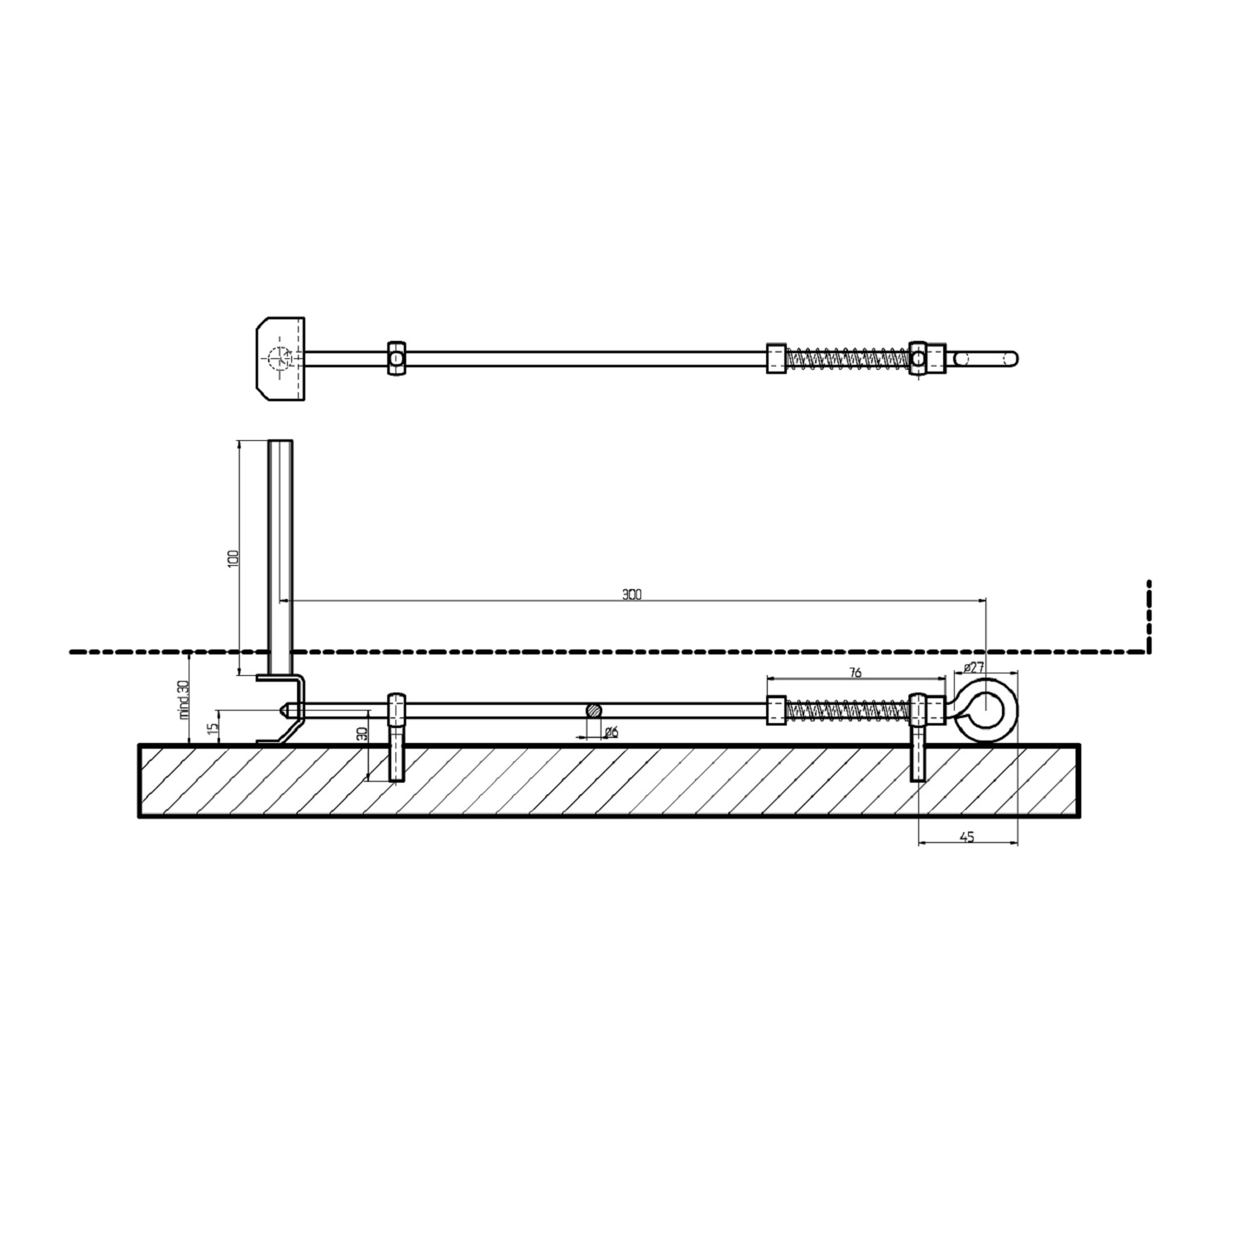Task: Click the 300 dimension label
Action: point(632,594)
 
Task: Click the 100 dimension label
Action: point(232,557)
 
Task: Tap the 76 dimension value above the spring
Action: point(855,673)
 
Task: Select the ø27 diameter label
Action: point(974,667)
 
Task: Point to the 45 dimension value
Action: point(966,837)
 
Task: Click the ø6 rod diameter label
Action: point(611,731)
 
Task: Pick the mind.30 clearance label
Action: point(184,699)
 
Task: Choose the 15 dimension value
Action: point(213,728)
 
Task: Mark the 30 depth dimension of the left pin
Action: point(362,734)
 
